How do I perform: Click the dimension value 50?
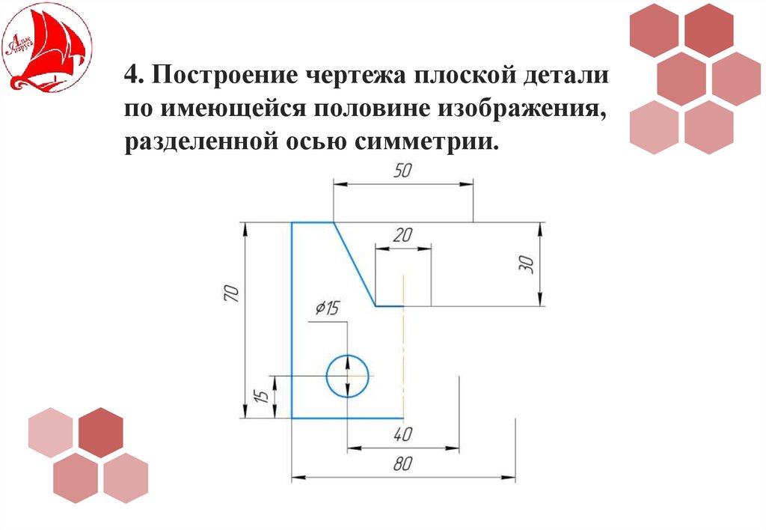pyautogui.click(x=402, y=171)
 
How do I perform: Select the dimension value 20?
pyautogui.click(x=402, y=235)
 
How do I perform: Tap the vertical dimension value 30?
pyautogui.click(x=525, y=264)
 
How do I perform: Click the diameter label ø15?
pyautogui.click(x=327, y=308)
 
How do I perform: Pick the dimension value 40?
pyautogui.click(x=402, y=435)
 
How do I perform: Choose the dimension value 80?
pyautogui.click(x=402, y=464)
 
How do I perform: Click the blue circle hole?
pyautogui.click(x=348, y=375)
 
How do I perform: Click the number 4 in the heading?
pyautogui.click(x=132, y=76)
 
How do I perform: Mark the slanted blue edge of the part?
pyautogui.click(x=354, y=264)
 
